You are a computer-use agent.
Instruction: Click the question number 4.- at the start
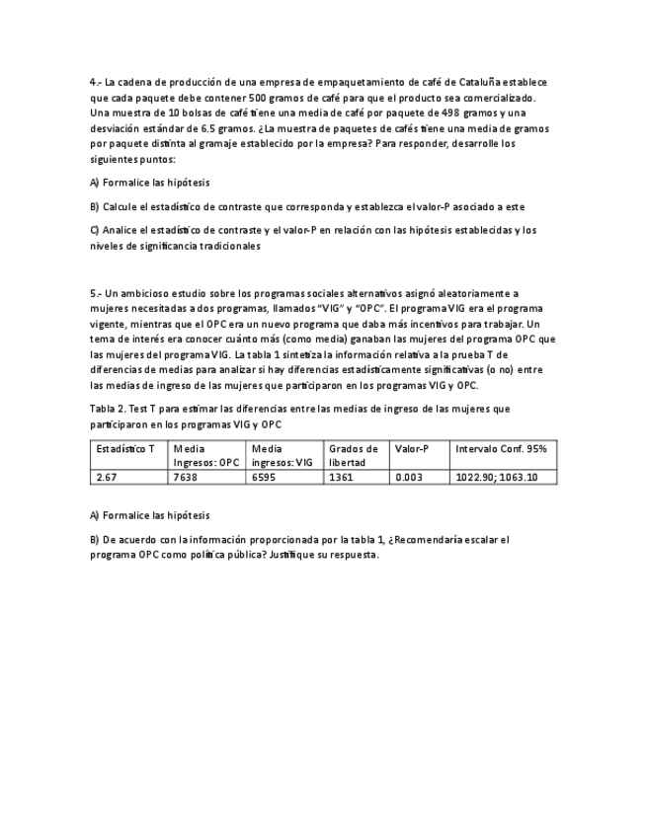coord(95,83)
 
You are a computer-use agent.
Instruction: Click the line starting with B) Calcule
coord(306,206)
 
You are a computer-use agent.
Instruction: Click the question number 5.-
coord(95,293)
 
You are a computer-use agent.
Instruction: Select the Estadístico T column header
coord(125,449)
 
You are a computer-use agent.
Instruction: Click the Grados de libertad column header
coord(354,455)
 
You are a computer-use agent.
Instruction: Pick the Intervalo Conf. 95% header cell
coord(501,449)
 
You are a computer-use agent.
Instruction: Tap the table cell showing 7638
coord(185,477)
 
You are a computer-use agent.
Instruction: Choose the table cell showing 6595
coord(264,477)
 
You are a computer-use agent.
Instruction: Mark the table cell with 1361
coord(342,477)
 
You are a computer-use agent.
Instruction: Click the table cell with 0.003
coord(408,477)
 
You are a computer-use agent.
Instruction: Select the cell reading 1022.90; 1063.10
coord(497,477)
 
